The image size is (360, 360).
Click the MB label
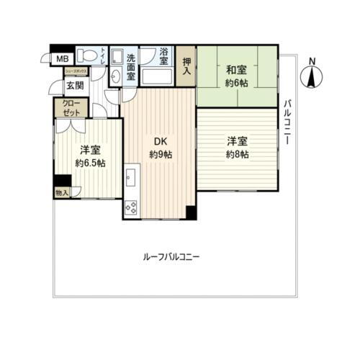(63, 58)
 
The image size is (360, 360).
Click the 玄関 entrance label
(74, 86)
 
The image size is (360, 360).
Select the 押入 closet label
(186, 67)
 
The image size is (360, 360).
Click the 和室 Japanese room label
(237, 71)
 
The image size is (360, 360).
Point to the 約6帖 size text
(237, 84)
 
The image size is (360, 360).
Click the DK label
(161, 142)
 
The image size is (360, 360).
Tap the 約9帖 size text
(161, 155)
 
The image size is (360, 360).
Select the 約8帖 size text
(237, 155)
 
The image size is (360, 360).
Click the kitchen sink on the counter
(132, 176)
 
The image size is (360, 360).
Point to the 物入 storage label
(63, 193)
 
